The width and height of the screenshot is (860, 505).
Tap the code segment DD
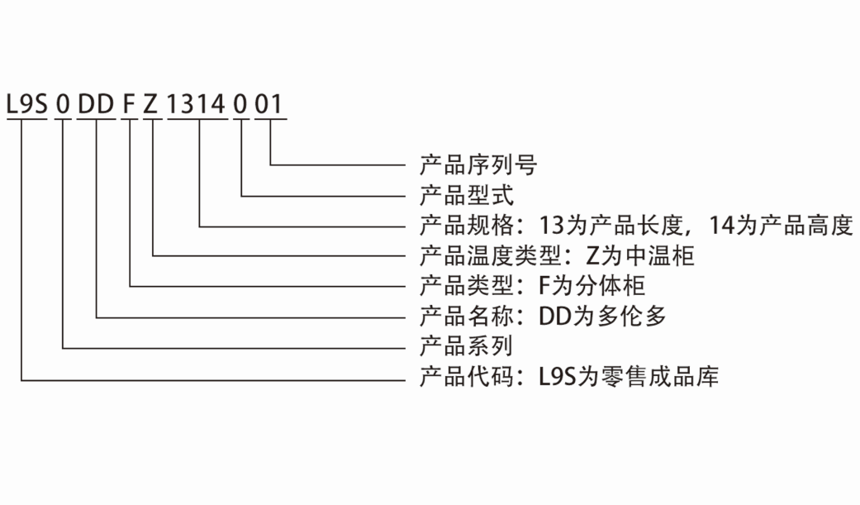(x=97, y=105)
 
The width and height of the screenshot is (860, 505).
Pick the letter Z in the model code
(x=153, y=105)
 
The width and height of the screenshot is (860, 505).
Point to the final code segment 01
(x=270, y=105)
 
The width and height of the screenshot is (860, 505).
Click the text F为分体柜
(x=592, y=286)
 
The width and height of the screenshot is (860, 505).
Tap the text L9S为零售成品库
(x=628, y=378)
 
